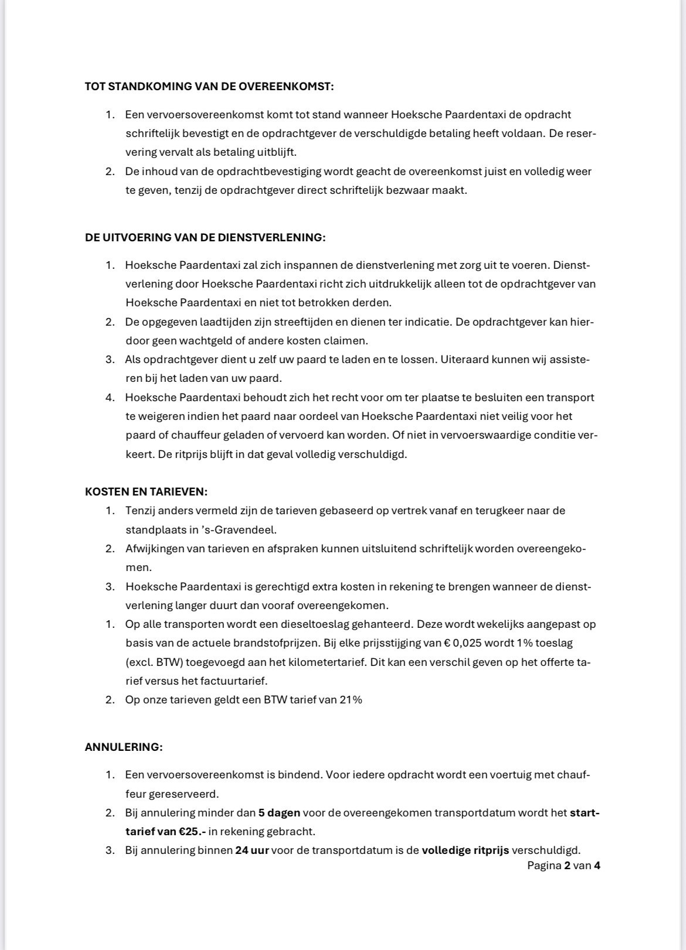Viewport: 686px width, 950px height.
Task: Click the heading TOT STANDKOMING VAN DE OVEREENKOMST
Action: (x=209, y=87)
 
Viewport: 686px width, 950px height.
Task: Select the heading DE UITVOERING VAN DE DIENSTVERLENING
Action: (x=205, y=238)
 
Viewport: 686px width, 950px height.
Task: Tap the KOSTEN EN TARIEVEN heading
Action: (x=146, y=492)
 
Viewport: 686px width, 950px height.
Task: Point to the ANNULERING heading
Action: (x=124, y=747)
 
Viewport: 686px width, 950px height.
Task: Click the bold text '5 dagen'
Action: (x=279, y=813)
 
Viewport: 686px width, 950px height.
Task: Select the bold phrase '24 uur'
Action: (x=252, y=850)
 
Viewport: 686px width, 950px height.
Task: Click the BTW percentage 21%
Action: (x=351, y=700)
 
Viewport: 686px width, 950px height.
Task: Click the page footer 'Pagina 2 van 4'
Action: (x=563, y=866)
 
